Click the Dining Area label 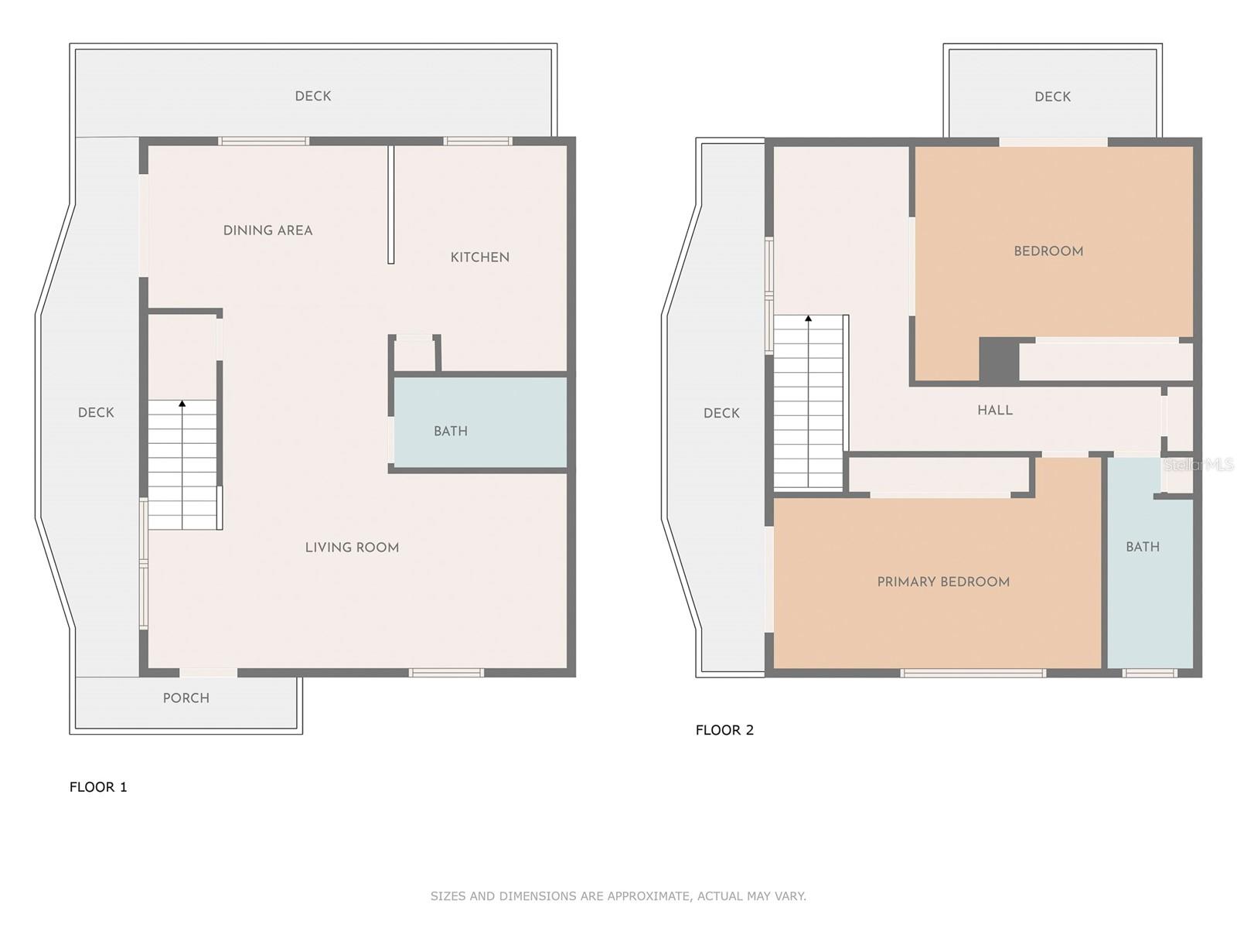click(268, 230)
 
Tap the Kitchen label click(479, 258)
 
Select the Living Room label click(353, 548)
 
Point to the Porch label click(186, 698)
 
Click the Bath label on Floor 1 click(450, 432)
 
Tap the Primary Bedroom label click(943, 582)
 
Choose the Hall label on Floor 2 click(995, 410)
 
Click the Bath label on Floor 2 click(1143, 547)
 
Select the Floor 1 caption click(99, 787)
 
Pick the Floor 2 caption click(724, 730)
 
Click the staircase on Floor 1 click(182, 465)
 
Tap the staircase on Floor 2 click(809, 402)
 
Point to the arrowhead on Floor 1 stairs click(182, 404)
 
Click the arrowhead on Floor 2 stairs click(809, 319)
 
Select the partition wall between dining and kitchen click(390, 204)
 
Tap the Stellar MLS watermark click(1198, 465)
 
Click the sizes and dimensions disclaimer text click(618, 896)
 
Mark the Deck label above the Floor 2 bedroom click(1052, 97)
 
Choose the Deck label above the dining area click(313, 97)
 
